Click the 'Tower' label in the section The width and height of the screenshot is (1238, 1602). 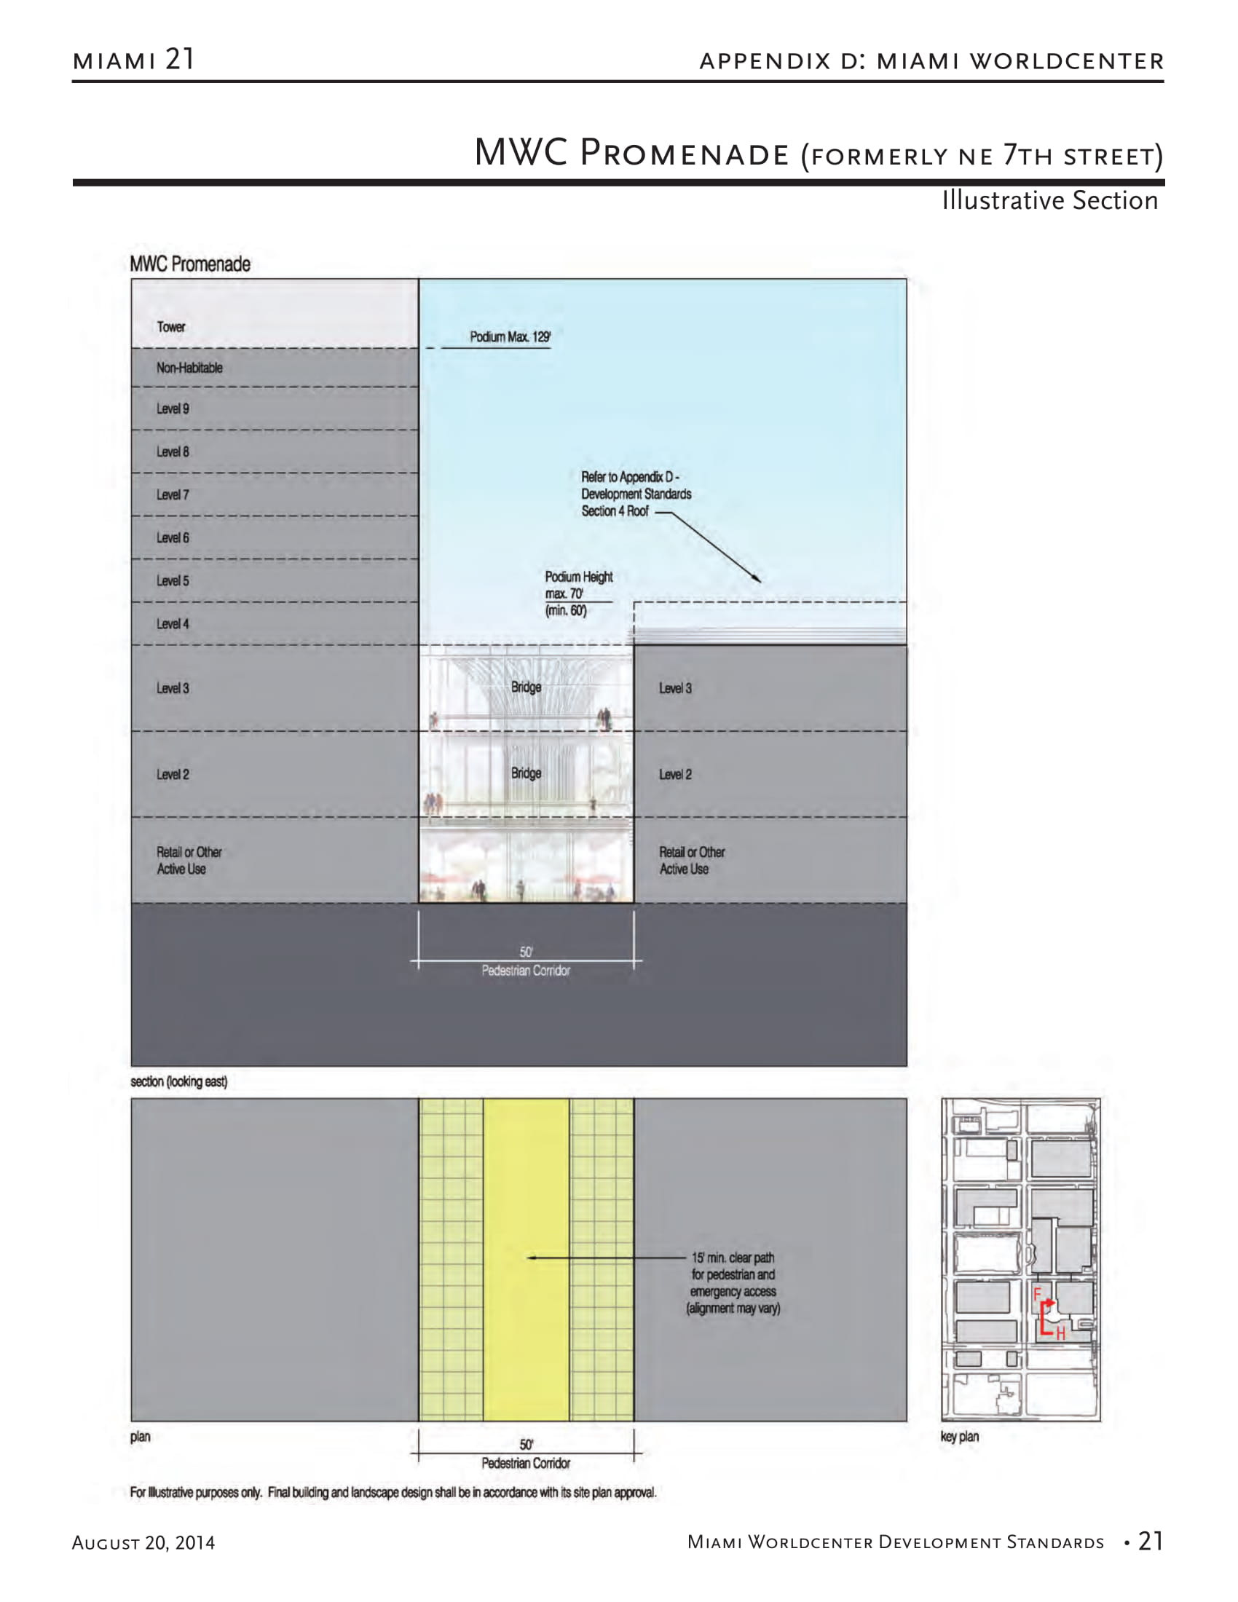171,327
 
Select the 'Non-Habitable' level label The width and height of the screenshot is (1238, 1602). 189,368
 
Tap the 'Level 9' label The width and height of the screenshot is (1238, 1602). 173,409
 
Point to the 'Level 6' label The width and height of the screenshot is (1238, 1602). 173,538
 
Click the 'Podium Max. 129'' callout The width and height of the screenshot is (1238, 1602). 510,337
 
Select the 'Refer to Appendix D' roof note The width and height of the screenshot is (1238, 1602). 635,494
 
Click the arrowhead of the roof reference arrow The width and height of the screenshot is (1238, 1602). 757,580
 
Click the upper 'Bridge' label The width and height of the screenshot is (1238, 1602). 526,687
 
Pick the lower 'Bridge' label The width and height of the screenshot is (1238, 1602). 526,773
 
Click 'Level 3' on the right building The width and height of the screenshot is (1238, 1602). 675,689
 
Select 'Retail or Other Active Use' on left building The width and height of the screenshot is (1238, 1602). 189,861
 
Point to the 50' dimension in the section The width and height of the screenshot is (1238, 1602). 526,952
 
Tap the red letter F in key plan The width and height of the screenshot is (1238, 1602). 1037,1294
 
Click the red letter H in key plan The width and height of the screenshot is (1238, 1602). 1060,1334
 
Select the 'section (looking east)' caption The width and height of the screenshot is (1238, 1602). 179,1082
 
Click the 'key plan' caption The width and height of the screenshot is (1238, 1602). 959,1437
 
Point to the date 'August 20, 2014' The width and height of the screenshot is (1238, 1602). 143,1543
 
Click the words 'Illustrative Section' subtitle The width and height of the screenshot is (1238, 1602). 1049,201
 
